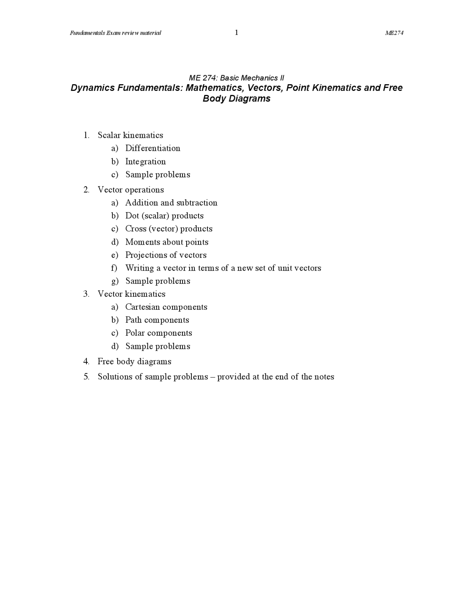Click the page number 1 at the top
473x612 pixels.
coord(236,33)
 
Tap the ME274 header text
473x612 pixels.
coord(394,33)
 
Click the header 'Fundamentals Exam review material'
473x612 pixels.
coord(116,33)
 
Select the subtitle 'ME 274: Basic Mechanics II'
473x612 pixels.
coord(236,78)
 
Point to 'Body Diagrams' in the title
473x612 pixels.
coord(236,99)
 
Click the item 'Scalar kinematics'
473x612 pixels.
coord(130,135)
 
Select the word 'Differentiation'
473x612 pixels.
coord(153,148)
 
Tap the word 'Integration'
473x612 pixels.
coord(145,161)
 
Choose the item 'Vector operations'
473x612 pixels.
coord(130,190)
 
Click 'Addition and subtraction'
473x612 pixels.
coord(171,203)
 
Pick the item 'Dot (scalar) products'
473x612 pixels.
coord(164,216)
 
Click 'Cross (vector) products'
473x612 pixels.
coord(169,229)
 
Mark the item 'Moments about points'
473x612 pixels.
coord(167,242)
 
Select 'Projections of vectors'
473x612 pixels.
coord(166,255)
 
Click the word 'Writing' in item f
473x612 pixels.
coord(140,268)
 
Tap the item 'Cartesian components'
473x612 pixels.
coord(166,307)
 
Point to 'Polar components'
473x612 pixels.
coord(159,333)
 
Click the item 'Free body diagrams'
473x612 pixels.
coord(134,361)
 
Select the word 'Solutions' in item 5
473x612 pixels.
coord(116,377)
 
